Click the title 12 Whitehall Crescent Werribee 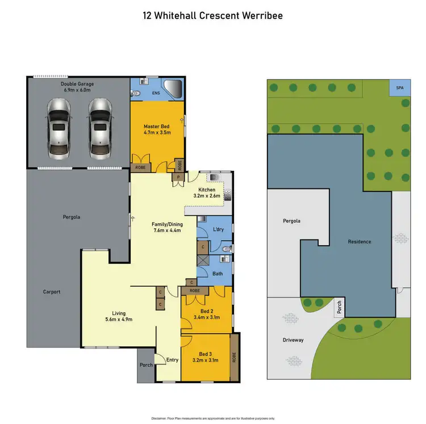point(212,15)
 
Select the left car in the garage point(59,128)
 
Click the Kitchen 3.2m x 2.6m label point(207,192)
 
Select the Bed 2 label point(206,314)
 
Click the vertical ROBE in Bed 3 point(234,358)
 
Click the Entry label point(172,360)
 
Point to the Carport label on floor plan point(51,292)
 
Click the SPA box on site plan point(399,88)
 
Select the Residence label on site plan point(359,242)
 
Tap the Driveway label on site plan point(293,340)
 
